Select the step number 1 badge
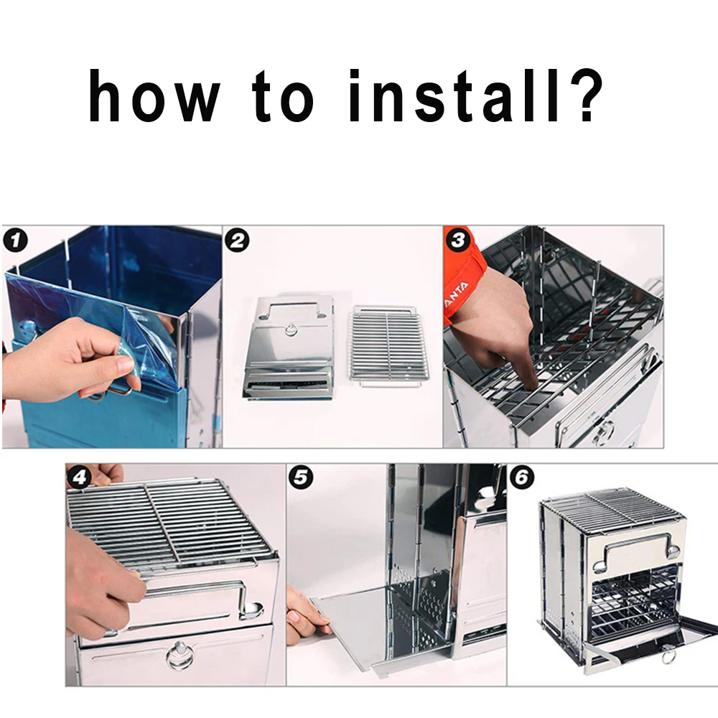click(x=15, y=241)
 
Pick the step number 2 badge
click(x=237, y=241)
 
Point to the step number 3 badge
click(x=458, y=241)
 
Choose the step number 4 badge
click(x=80, y=477)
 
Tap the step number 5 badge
click(x=301, y=477)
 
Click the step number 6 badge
click(x=521, y=477)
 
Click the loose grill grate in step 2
click(x=388, y=345)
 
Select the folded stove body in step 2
click(x=289, y=347)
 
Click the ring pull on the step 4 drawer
click(x=179, y=656)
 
